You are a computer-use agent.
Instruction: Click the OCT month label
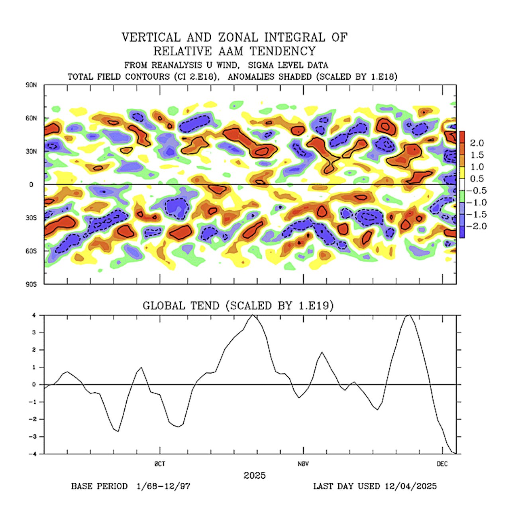coord(160,464)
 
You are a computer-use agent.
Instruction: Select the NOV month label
coord(304,464)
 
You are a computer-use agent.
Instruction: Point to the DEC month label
coord(442,464)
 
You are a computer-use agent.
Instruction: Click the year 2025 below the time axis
coord(255,476)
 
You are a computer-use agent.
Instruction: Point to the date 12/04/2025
coord(411,486)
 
